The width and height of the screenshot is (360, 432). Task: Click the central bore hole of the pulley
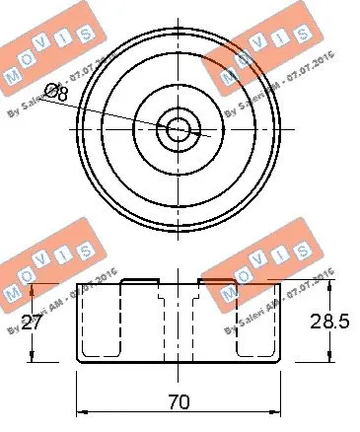click(179, 128)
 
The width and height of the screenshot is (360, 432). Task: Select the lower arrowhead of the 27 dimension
click(36, 357)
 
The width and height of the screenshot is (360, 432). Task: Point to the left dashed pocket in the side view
click(104, 324)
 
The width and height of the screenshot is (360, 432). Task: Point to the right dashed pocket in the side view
click(254, 324)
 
